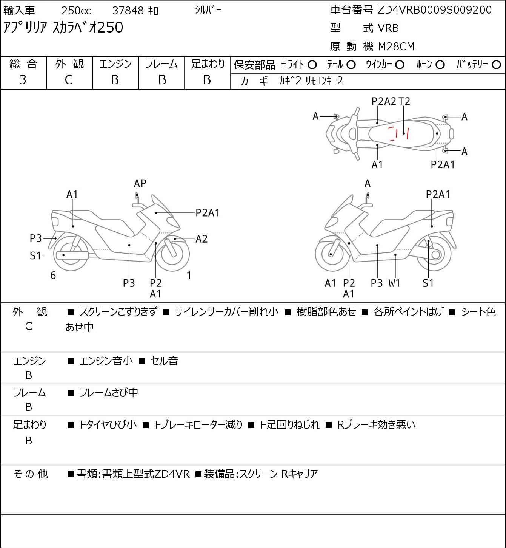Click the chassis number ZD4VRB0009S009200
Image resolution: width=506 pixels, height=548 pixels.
coord(435,10)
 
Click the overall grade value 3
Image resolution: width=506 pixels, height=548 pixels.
coord(23,80)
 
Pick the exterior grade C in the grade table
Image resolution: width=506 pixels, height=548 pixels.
coord(69,80)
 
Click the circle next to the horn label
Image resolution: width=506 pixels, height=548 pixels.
coord(440,65)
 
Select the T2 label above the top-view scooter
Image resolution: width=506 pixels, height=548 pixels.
coord(404,101)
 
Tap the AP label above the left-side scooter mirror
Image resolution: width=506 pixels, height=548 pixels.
coord(140,183)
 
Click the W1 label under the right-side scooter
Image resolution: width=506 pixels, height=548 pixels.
coord(394,283)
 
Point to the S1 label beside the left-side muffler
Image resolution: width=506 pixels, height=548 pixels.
coord(35,256)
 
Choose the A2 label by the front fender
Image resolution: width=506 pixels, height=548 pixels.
coord(201,239)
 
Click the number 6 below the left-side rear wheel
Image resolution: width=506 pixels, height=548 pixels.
coord(53,276)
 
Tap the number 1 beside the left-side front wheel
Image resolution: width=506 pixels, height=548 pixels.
coord(189,276)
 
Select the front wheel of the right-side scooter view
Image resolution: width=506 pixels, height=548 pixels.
coord(331,255)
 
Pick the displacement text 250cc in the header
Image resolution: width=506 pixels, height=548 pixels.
coord(77,11)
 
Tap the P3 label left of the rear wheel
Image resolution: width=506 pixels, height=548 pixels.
coord(35,238)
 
